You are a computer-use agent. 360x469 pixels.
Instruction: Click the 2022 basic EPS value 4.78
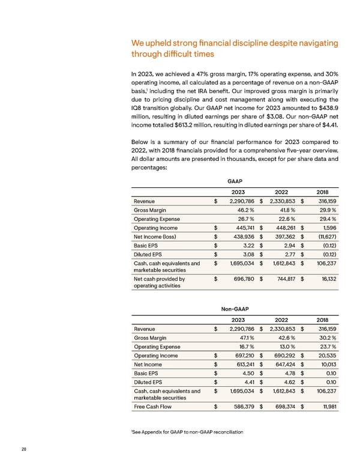pyautogui.click(x=291, y=372)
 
